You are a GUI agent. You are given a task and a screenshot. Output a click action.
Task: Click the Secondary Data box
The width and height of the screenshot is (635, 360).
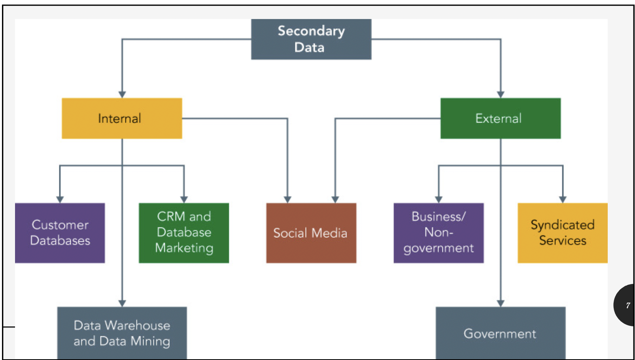point(311,39)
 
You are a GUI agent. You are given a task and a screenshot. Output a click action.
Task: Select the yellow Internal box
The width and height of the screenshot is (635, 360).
point(122,118)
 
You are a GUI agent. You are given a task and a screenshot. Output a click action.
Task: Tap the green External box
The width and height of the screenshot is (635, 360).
point(500,118)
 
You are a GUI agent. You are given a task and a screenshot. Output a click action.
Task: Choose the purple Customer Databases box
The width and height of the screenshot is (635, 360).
point(60,233)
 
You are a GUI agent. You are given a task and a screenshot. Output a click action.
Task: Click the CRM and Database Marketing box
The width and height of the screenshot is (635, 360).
point(184,233)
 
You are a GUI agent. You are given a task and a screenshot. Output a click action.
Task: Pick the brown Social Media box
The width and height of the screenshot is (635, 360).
point(311,233)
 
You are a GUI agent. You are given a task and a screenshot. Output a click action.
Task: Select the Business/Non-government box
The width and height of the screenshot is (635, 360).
point(438,233)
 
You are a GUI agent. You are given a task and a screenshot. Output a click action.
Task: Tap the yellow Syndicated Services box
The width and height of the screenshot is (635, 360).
point(562,233)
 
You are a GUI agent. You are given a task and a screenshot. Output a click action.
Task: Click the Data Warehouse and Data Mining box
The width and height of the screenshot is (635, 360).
point(122,333)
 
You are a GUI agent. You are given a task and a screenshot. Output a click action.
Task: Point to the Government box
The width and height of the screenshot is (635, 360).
point(500,333)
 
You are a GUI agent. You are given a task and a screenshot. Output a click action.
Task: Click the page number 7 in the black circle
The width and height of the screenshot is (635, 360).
point(628,305)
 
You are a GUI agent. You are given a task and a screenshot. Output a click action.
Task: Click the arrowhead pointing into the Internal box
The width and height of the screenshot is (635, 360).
point(122,95)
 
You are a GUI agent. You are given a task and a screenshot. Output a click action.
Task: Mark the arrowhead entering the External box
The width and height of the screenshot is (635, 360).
point(501,95)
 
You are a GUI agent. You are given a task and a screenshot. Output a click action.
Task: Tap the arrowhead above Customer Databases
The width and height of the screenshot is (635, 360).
point(60,199)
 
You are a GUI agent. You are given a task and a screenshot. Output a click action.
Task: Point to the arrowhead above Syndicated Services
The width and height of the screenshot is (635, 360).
point(563,199)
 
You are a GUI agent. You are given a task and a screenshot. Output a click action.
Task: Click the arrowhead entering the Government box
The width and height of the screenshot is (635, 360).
point(501,303)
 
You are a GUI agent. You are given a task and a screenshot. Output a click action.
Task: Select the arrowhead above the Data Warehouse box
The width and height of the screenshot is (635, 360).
point(122,303)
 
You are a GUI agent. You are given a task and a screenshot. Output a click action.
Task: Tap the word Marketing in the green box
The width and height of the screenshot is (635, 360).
point(184,248)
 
